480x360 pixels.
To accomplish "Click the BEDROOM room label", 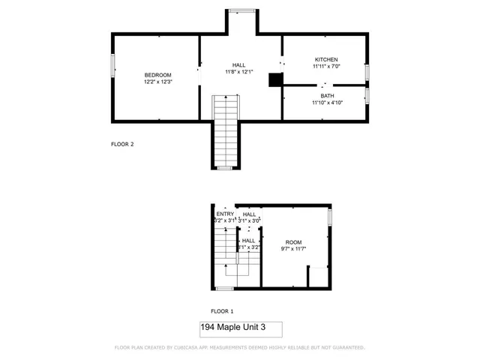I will click(158, 74).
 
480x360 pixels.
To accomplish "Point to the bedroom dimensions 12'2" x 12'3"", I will click(158, 82).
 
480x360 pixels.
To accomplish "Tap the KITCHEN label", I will click(326, 59).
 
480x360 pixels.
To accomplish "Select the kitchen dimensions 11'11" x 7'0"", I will click(326, 66).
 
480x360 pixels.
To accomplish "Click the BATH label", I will click(328, 96).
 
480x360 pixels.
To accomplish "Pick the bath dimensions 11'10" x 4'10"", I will click(328, 103).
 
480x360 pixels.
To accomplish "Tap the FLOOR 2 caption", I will click(122, 145).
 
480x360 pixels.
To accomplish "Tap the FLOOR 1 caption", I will click(222, 310).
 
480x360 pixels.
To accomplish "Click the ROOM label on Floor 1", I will click(293, 241).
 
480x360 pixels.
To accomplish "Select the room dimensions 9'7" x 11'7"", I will click(293, 248).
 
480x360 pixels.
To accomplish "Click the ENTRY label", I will click(225, 214).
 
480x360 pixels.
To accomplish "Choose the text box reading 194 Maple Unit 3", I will click(241, 329).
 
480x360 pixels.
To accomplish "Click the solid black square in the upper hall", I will click(275, 79).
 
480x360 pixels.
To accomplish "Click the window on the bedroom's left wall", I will click(113, 64).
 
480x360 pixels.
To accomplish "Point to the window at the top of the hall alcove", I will click(241, 10).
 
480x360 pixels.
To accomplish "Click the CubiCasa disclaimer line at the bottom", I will click(239, 348).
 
